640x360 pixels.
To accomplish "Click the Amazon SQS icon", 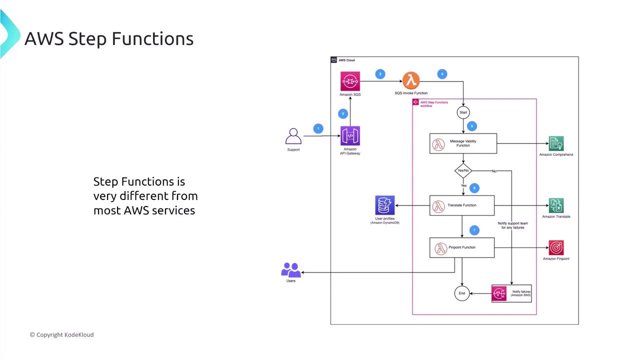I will (350, 81).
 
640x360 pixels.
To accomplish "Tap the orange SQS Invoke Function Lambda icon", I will (411, 80).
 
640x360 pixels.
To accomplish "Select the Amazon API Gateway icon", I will (350, 136).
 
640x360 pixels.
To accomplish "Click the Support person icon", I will (293, 136).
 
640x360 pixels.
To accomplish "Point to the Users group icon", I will (291, 270).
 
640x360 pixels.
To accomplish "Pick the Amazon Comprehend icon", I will (556, 143).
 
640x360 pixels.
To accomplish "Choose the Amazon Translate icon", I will (556, 205).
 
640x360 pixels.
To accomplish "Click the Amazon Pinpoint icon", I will (556, 247).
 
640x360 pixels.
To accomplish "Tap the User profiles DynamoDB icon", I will (385, 205).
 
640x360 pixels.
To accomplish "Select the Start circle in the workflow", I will (463, 112).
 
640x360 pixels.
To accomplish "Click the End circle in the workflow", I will (462, 293).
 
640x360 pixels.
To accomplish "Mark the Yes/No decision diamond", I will (463, 170).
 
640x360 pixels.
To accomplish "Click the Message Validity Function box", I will (463, 143).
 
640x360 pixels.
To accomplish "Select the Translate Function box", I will (462, 205).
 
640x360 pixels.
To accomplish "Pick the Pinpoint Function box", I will (462, 247).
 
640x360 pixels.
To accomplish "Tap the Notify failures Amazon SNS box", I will (511, 293).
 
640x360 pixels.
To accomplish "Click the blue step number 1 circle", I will (318, 128).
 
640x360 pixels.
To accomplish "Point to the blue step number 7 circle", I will (474, 230).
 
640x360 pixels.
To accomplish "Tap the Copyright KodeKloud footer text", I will (61, 334).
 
